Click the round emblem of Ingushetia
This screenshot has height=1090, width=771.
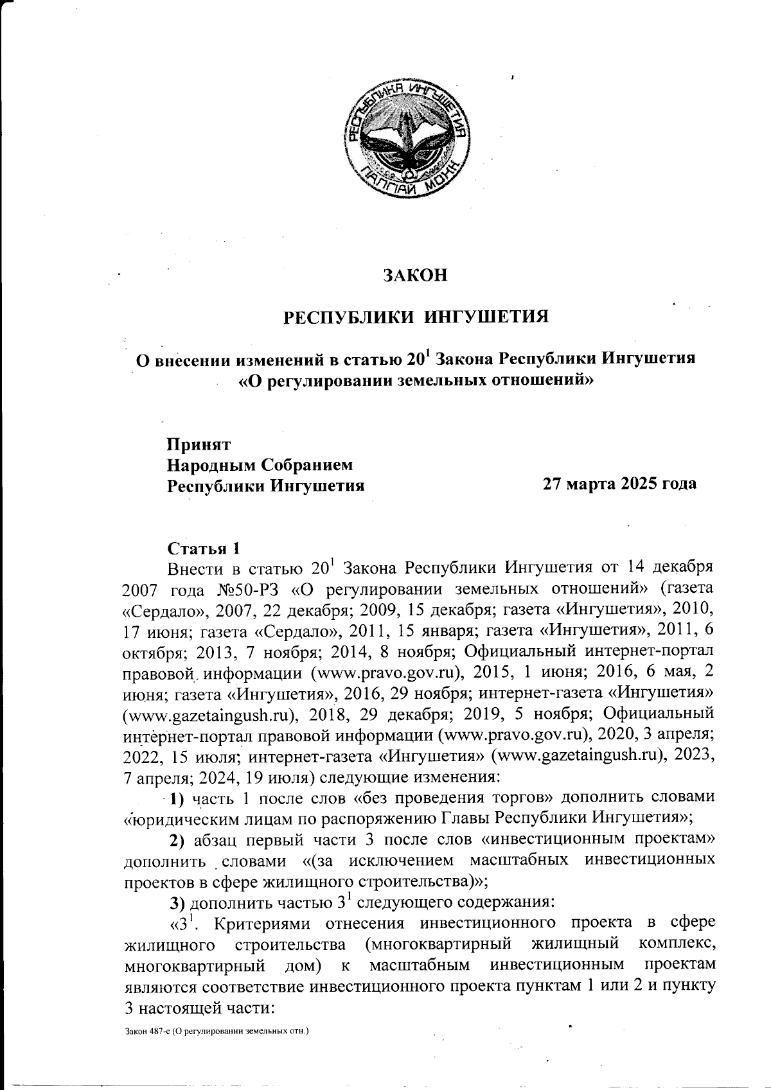(x=409, y=137)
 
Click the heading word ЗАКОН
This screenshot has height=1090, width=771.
(x=414, y=275)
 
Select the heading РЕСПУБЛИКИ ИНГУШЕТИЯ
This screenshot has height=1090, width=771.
(x=416, y=317)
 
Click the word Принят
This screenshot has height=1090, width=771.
(x=199, y=444)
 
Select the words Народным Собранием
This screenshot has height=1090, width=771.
(x=260, y=464)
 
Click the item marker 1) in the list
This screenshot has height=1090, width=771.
(x=177, y=798)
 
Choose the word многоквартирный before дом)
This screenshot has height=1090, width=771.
(x=194, y=965)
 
